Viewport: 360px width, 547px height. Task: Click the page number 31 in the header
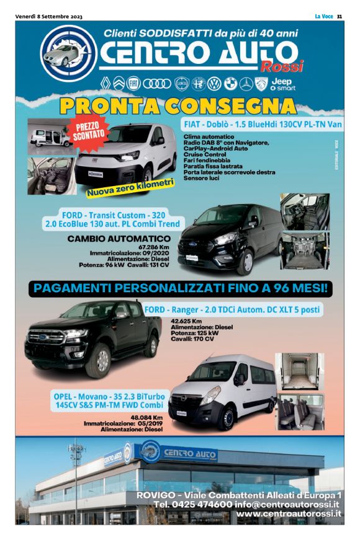340,16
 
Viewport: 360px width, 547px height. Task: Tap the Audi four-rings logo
154,83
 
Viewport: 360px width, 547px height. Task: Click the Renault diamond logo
104,83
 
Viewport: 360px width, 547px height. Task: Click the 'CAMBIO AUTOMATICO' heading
119,238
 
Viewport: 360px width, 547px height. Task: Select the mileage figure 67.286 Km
156,246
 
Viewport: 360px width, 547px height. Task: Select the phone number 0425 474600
199,504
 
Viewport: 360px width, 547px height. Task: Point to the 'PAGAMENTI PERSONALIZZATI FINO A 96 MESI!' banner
180,288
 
